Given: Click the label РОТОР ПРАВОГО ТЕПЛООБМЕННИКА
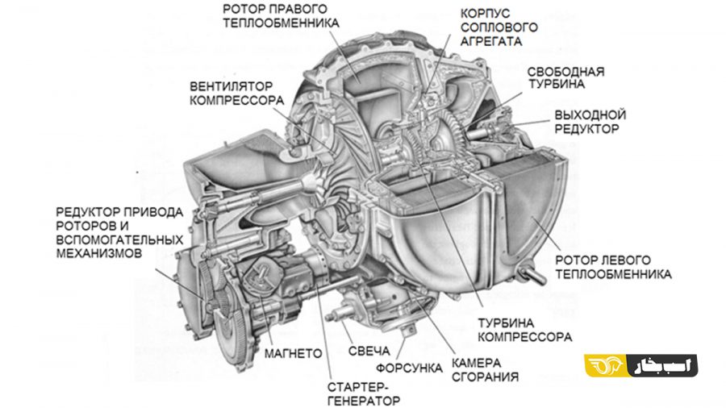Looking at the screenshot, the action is pos(281,16).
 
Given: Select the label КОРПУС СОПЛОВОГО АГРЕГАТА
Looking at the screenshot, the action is pos(499,27).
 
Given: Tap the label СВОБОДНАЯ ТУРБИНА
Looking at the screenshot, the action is pos(565,77).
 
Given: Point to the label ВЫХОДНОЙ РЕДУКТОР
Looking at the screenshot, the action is pos(590,122).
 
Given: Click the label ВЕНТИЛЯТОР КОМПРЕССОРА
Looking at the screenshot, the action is pos(236,94).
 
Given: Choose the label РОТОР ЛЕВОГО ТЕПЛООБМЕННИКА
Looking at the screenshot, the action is pos(613,267).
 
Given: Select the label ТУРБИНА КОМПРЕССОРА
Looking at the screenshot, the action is pos(524,330).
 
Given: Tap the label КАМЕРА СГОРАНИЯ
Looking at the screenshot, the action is pos(485,369).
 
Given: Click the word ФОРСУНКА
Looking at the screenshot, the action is pos(409,368).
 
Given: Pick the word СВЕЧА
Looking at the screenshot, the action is pos(369,351).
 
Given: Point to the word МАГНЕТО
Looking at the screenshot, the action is pos(293,354).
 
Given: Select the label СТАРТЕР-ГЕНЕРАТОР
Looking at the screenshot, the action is pos(364,393).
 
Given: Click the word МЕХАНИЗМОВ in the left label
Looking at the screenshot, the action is pos(99,253).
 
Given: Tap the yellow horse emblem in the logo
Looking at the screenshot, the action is pos(606,365).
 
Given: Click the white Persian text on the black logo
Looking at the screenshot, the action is pos(663,365).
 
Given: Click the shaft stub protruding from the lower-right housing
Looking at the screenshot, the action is pos(532,274).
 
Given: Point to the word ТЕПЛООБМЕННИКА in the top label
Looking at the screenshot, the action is pos(281,23).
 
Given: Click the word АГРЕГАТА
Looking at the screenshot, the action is pos(491,41).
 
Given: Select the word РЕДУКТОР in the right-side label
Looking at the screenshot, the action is pos(586,128).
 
